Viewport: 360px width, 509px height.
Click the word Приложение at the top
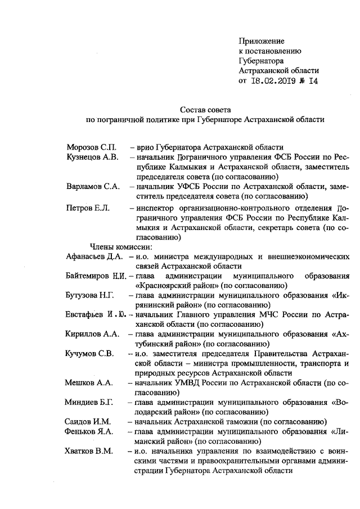point(262,41)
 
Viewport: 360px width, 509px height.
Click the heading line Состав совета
point(202,109)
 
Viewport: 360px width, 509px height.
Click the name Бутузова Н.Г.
point(91,295)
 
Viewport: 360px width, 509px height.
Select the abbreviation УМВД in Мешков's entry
point(184,382)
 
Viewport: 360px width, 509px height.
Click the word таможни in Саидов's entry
point(237,421)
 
